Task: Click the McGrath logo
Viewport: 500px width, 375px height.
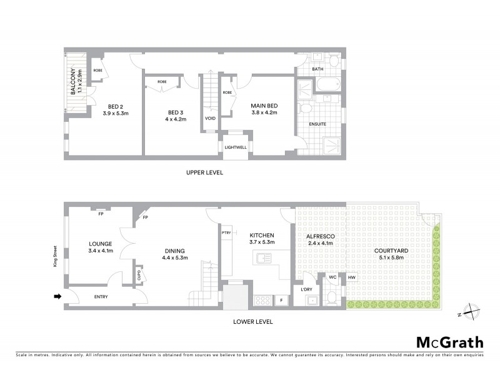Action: click(x=449, y=342)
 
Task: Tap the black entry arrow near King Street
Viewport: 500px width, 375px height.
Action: click(x=57, y=297)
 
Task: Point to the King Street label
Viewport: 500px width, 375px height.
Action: click(x=54, y=259)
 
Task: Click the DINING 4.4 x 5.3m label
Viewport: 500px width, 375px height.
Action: click(x=174, y=254)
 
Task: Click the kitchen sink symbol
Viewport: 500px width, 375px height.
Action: click(x=262, y=257)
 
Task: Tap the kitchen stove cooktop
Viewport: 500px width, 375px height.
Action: click(x=263, y=300)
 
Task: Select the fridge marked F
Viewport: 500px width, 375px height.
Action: click(x=282, y=301)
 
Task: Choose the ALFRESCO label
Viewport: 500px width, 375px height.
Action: click(x=319, y=236)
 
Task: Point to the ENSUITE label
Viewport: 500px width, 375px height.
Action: click(x=318, y=124)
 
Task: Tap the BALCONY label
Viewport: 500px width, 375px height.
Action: click(x=74, y=82)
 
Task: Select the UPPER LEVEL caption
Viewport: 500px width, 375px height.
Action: click(x=205, y=172)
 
